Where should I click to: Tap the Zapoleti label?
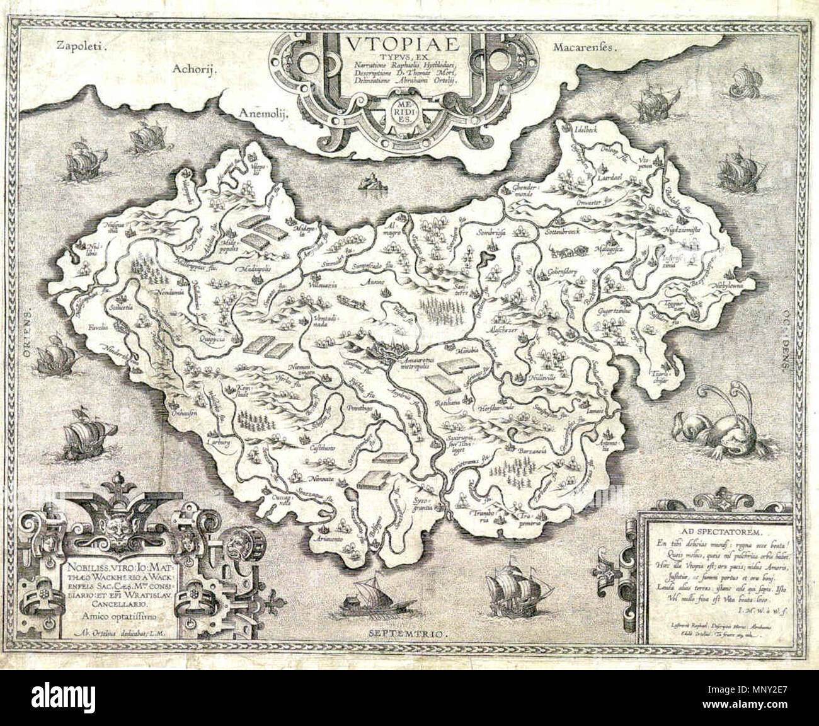[83, 45]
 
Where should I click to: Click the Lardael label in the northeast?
[618, 179]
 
